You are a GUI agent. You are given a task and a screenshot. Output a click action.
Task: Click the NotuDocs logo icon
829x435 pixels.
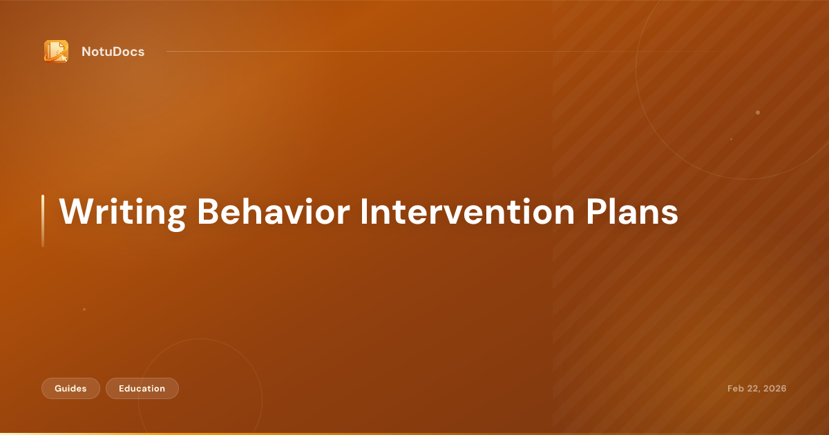click(x=56, y=51)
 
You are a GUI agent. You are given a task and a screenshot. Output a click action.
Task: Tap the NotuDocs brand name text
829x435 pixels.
click(x=113, y=52)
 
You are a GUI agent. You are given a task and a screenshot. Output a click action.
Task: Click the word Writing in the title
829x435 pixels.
click(x=122, y=212)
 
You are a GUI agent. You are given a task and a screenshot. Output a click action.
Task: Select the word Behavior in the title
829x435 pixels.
click(x=272, y=212)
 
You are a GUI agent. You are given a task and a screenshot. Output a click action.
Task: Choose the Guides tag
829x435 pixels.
click(x=70, y=389)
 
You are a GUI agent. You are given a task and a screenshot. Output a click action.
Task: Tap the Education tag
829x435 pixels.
click(x=142, y=389)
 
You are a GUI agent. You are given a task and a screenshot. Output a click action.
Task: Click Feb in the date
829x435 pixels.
click(x=736, y=389)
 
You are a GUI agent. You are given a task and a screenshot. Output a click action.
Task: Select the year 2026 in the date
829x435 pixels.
click(x=774, y=389)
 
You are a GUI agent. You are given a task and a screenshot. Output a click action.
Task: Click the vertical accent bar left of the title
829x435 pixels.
click(x=43, y=220)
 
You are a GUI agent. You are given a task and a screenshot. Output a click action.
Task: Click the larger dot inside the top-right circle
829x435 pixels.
click(x=758, y=113)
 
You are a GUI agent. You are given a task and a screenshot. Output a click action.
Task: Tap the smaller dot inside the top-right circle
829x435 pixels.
click(x=731, y=139)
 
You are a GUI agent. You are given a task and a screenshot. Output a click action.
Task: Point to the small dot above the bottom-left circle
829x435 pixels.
click(x=84, y=309)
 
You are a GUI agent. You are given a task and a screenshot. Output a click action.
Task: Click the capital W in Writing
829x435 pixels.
click(x=73, y=212)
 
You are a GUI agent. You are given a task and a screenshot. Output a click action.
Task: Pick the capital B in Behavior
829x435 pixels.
click(x=209, y=212)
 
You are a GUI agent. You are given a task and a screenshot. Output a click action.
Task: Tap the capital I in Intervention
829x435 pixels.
click(x=364, y=212)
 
